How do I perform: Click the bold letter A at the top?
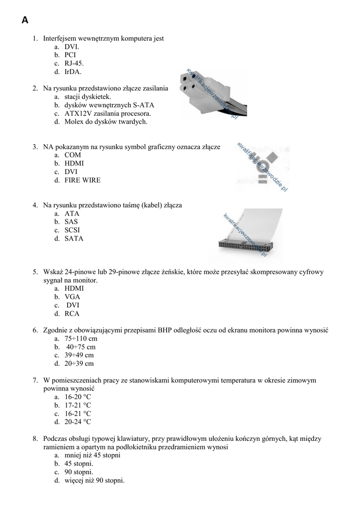(25, 20)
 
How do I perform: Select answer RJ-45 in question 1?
(74, 63)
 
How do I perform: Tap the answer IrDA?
(73, 72)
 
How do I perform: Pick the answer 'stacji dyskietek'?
(88, 96)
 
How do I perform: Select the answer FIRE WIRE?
(82, 180)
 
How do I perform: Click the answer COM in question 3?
(73, 155)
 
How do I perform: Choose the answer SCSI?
(72, 230)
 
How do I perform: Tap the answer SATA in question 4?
(74, 239)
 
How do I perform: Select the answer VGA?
(72, 297)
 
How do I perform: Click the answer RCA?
(72, 314)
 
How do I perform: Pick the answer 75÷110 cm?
(81, 339)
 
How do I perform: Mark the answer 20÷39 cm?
(79, 363)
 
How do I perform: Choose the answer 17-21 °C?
(78, 405)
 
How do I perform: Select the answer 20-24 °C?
(78, 422)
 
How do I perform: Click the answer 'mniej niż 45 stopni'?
(92, 455)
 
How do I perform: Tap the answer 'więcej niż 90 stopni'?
(94, 481)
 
